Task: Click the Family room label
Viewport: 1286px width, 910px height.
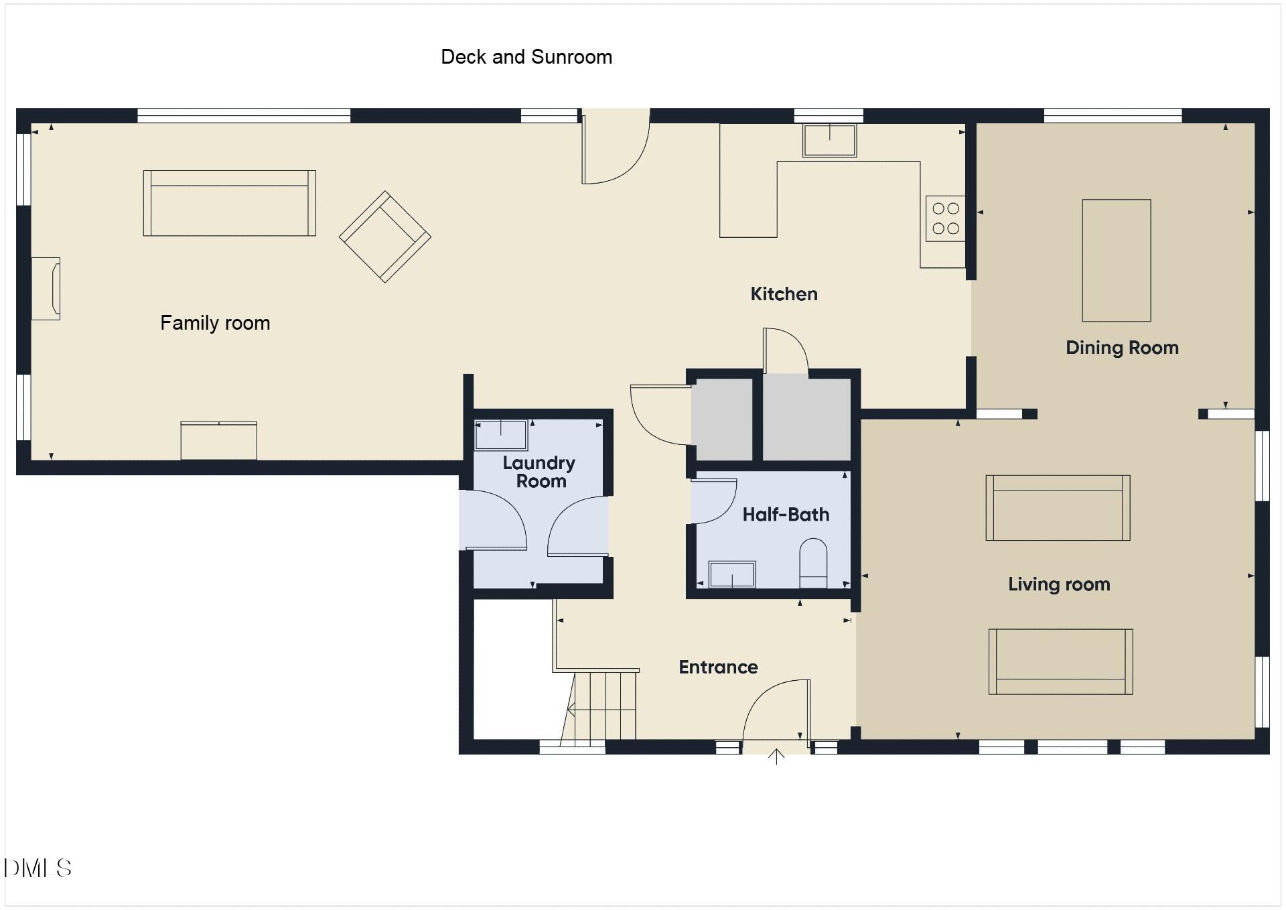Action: (215, 323)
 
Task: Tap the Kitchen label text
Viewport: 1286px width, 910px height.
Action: (784, 294)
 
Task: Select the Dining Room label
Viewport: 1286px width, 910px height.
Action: (1122, 348)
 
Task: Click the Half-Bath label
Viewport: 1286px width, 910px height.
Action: (786, 515)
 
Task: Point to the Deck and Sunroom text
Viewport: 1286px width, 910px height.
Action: (526, 57)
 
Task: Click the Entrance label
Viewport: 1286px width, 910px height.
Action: (718, 667)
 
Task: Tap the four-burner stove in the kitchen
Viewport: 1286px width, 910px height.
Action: (946, 218)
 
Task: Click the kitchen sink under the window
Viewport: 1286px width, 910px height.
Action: (829, 140)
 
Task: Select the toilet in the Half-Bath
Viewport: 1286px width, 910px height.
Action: (813, 563)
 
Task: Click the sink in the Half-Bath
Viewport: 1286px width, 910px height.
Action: (732, 574)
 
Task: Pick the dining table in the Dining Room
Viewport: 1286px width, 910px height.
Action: (1117, 261)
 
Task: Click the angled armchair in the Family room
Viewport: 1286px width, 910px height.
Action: (385, 237)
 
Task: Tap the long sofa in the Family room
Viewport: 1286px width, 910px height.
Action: (229, 203)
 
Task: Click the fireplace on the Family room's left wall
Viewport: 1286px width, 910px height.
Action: (46, 289)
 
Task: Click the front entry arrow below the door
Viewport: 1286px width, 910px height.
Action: (776, 757)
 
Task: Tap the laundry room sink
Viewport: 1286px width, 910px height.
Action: (500, 436)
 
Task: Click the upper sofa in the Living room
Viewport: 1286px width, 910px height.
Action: (1058, 508)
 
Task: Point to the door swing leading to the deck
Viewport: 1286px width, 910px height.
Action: (613, 151)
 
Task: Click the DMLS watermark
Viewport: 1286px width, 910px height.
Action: (38, 868)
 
